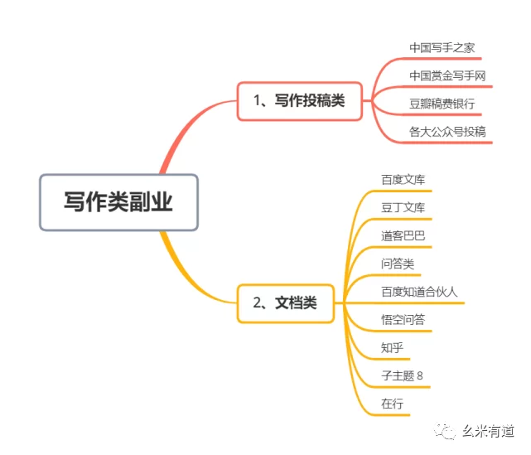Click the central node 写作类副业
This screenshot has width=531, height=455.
point(118,202)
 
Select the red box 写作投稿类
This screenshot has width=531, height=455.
point(300,101)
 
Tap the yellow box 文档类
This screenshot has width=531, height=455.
point(286,303)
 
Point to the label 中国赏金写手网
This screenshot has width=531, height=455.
point(447,76)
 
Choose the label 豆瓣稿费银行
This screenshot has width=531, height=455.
point(442,104)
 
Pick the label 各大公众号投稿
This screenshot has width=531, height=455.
point(447,131)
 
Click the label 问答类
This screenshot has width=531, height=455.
point(398,264)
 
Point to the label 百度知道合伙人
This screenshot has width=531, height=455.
point(419,292)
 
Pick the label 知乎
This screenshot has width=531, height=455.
point(392,348)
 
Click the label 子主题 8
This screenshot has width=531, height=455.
point(402,376)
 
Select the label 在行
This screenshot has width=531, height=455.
point(392,404)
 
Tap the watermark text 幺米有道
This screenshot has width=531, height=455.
point(489,432)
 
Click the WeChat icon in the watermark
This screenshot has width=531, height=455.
point(447,432)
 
